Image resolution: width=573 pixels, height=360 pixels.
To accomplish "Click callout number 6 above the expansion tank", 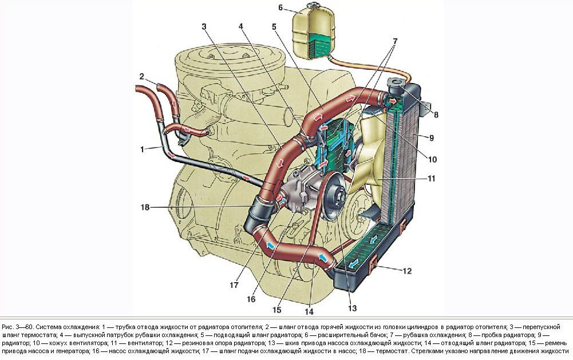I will pos(280,8).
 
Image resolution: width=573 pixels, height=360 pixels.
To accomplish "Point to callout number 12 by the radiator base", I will pos(406,271).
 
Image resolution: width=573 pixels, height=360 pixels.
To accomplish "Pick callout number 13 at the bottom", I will pos(351,308).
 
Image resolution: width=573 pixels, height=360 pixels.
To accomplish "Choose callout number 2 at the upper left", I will pos(141,76).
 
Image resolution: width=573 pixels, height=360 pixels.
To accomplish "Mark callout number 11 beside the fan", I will pos(431,179).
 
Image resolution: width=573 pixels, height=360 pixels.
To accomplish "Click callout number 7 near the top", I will pos(394,42).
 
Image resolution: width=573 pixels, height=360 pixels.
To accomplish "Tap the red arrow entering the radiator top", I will pos(394,102).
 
